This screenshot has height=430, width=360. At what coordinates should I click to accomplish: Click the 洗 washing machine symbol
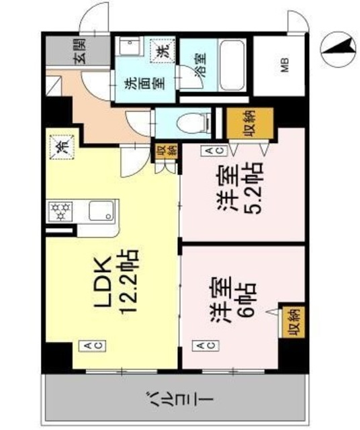coord(164,49)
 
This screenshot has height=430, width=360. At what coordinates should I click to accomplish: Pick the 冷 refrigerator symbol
coord(60,145)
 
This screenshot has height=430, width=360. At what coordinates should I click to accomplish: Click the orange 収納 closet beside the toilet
coord(249,122)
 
